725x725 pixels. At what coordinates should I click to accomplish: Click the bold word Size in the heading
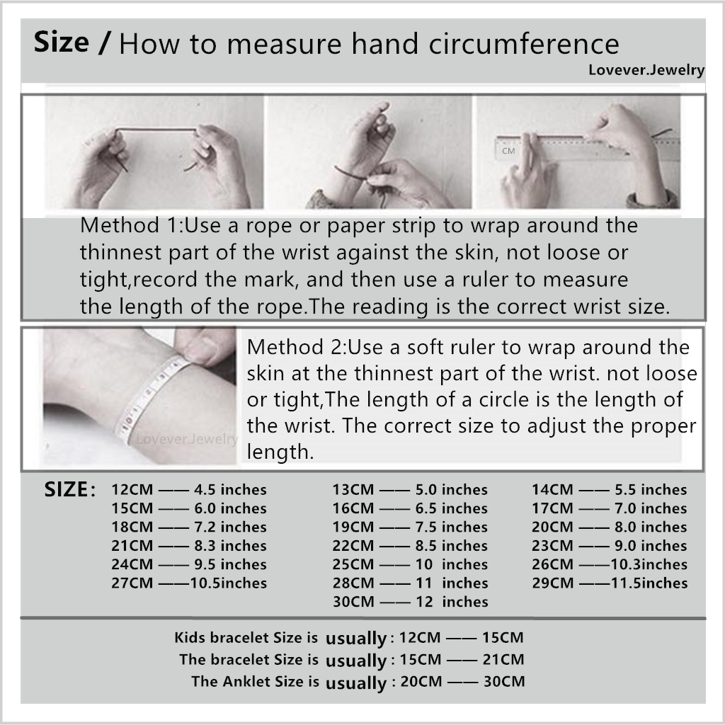[x=62, y=42]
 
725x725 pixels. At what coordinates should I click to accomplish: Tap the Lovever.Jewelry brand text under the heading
[x=646, y=70]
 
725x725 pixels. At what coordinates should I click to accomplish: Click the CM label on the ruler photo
[x=508, y=151]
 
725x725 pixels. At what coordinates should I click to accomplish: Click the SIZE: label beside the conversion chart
[x=70, y=489]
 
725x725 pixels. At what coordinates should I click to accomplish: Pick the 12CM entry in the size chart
[x=132, y=490]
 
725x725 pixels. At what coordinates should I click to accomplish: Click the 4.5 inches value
[x=230, y=490]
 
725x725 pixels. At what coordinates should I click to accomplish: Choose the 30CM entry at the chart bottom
[x=353, y=602]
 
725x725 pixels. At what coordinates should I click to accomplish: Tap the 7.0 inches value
[x=651, y=508]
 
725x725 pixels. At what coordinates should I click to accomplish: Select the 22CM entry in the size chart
[x=353, y=546]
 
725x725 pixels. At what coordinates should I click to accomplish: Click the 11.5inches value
[x=649, y=583]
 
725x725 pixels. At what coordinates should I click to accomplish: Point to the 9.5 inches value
[x=230, y=564]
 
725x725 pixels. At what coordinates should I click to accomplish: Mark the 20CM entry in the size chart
[x=552, y=527]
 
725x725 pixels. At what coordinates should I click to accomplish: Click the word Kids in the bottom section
[x=190, y=638]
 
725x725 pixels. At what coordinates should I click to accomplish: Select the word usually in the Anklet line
[x=356, y=683]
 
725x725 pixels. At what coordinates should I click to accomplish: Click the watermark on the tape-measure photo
[x=187, y=439]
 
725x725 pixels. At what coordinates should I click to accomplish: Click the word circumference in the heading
[x=524, y=44]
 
